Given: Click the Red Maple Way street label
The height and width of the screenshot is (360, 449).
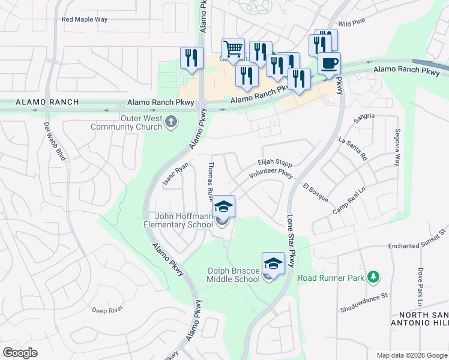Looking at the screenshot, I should pyautogui.click(x=84, y=19).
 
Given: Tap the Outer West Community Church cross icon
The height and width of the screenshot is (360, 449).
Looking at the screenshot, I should pyautogui.click(x=171, y=122).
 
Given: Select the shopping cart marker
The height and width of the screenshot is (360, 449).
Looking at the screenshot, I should pyautogui.click(x=232, y=49).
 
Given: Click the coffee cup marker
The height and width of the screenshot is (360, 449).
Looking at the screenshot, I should pyautogui.click(x=328, y=63).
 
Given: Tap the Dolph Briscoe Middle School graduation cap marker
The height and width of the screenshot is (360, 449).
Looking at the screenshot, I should pyautogui.click(x=273, y=263).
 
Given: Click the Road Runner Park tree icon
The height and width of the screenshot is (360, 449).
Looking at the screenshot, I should pyautogui.click(x=374, y=275).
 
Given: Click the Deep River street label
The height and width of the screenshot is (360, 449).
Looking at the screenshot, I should pyautogui.click(x=107, y=310).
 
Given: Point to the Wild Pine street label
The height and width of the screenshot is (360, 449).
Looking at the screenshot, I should pyautogui.click(x=351, y=23).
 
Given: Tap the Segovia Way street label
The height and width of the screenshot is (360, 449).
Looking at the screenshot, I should pyautogui.click(x=397, y=148).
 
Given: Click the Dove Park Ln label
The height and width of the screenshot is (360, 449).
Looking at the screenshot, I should pyautogui.click(x=421, y=285).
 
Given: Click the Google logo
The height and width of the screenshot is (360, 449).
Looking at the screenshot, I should pyautogui.click(x=20, y=353).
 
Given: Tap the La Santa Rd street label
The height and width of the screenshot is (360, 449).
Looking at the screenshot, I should pyautogui.click(x=352, y=149).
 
